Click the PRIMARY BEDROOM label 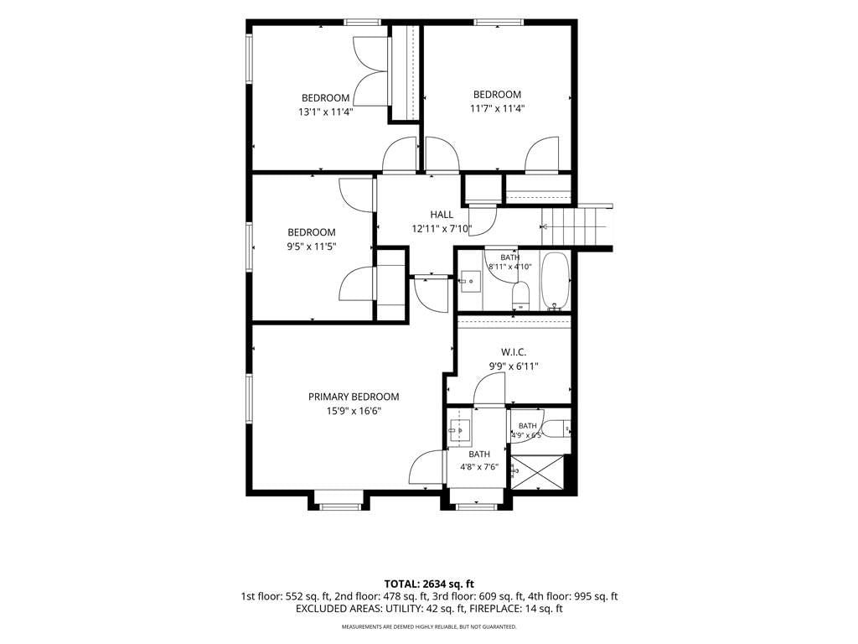[x=354, y=397]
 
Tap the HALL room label [x=442, y=215]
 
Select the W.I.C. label [x=514, y=352]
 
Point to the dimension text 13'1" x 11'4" [x=326, y=112]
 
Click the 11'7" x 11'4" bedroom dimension [x=498, y=108]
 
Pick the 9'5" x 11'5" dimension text [x=312, y=247]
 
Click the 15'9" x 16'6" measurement [x=354, y=411]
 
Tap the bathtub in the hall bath [x=556, y=282]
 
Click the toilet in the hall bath [x=520, y=296]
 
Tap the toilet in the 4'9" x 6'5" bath [x=557, y=428]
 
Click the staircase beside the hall [x=576, y=226]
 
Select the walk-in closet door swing [x=488, y=391]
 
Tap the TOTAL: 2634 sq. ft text [x=429, y=584]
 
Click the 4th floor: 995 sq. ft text [x=573, y=596]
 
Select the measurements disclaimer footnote [x=429, y=626]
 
